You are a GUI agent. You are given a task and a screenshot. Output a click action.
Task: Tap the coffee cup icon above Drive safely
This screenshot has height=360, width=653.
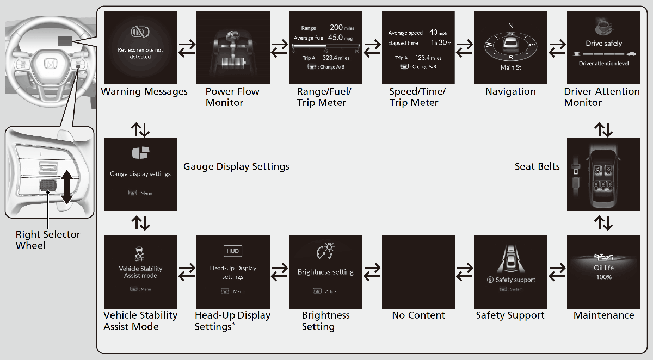click(603, 27)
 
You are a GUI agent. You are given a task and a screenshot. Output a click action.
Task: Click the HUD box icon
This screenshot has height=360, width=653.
click(233, 251)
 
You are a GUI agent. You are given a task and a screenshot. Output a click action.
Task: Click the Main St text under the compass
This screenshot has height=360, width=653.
click(511, 68)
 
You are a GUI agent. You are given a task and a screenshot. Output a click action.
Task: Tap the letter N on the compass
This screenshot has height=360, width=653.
click(511, 26)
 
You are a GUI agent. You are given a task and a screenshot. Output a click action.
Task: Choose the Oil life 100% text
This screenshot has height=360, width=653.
click(603, 272)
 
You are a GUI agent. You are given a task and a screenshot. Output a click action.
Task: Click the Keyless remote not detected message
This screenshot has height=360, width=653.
click(140, 53)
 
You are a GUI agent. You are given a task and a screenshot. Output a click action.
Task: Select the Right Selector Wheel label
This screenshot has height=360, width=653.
click(48, 240)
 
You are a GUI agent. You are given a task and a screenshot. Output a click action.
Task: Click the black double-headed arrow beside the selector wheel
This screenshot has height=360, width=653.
click(66, 187)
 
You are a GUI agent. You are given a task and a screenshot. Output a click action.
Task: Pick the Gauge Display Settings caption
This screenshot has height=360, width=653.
click(236, 166)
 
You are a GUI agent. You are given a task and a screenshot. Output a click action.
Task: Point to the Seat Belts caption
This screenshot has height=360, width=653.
click(537, 166)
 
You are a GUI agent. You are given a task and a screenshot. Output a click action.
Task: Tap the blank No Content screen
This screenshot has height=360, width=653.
click(418, 271)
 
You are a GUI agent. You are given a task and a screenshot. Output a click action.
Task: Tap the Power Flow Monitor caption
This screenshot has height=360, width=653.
click(232, 97)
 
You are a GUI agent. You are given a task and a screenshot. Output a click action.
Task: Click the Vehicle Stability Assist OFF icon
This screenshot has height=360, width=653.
click(140, 253)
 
